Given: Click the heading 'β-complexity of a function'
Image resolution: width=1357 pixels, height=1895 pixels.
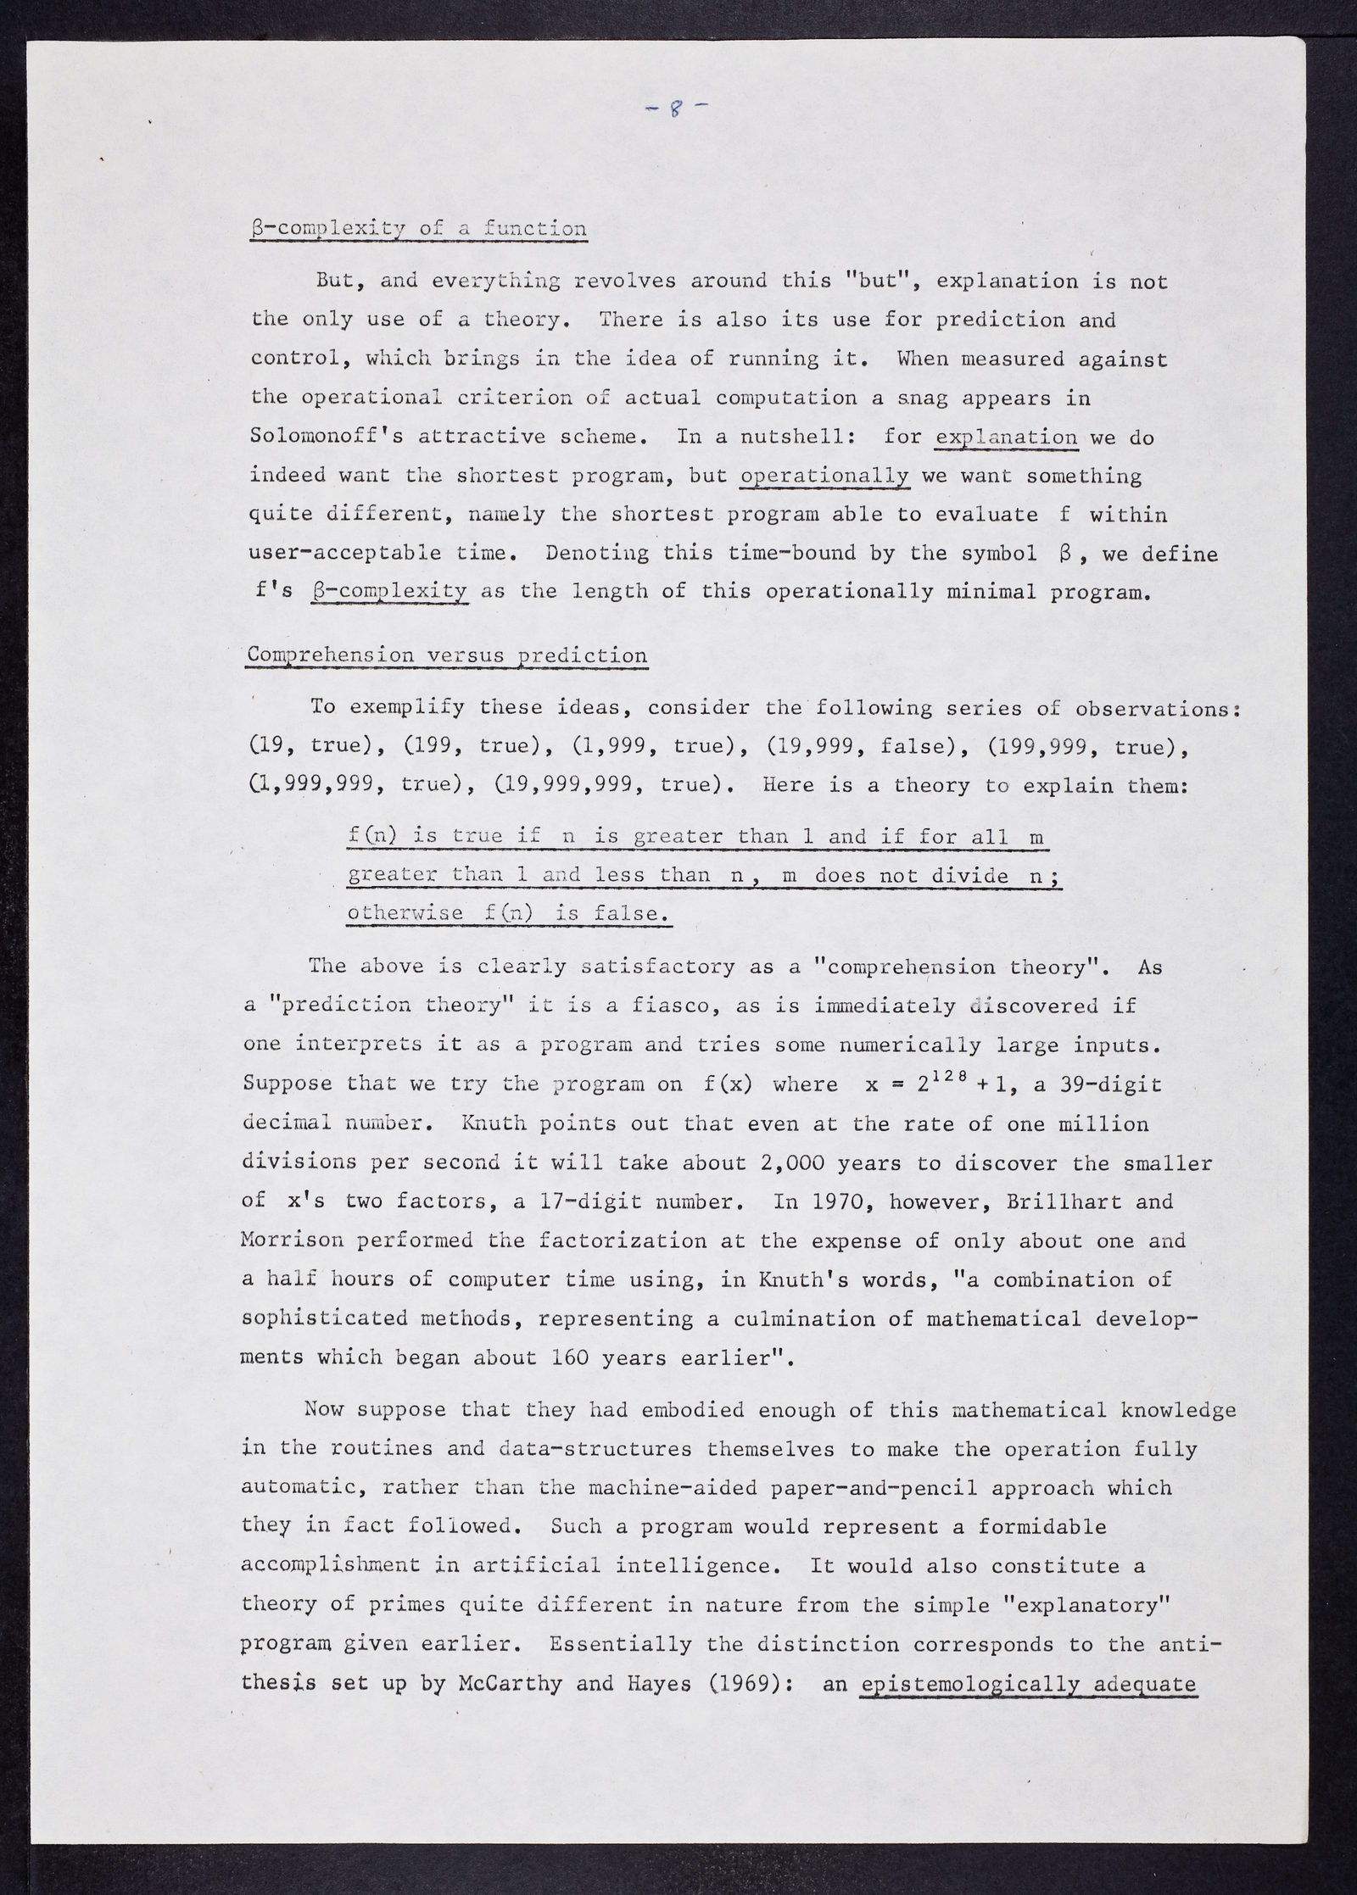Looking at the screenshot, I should tap(418, 229).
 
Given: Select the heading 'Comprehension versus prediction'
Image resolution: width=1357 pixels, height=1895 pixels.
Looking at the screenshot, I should tap(445, 655).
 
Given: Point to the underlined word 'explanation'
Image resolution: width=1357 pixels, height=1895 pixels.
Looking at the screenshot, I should tap(1005, 438).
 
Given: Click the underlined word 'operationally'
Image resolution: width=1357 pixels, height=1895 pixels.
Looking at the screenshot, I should tap(824, 476).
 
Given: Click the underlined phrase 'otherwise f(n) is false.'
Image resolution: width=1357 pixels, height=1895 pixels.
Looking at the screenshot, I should tap(509, 913).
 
